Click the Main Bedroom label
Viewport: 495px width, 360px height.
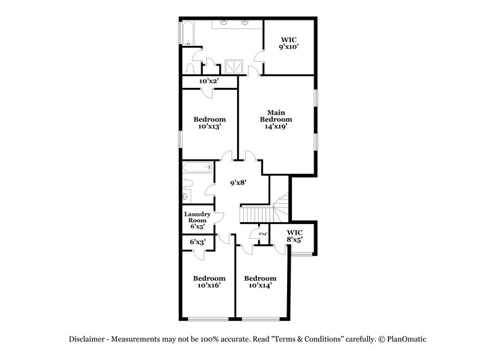coord(275,116)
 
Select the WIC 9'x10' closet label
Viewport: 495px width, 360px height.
coord(289,41)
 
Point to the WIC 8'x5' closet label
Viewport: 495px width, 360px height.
coord(294,236)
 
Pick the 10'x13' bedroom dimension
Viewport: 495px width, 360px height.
coord(210,126)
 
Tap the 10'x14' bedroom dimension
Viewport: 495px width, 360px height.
coord(259,285)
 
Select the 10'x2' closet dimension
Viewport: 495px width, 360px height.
coord(209,81)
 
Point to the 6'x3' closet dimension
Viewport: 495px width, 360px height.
coord(197,242)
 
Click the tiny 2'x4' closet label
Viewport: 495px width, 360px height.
coord(262,234)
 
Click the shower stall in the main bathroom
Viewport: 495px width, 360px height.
coord(234,65)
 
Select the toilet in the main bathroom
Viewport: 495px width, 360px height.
coord(191,68)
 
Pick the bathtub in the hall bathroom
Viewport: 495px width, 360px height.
coord(197,167)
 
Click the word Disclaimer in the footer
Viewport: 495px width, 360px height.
coord(90,339)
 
